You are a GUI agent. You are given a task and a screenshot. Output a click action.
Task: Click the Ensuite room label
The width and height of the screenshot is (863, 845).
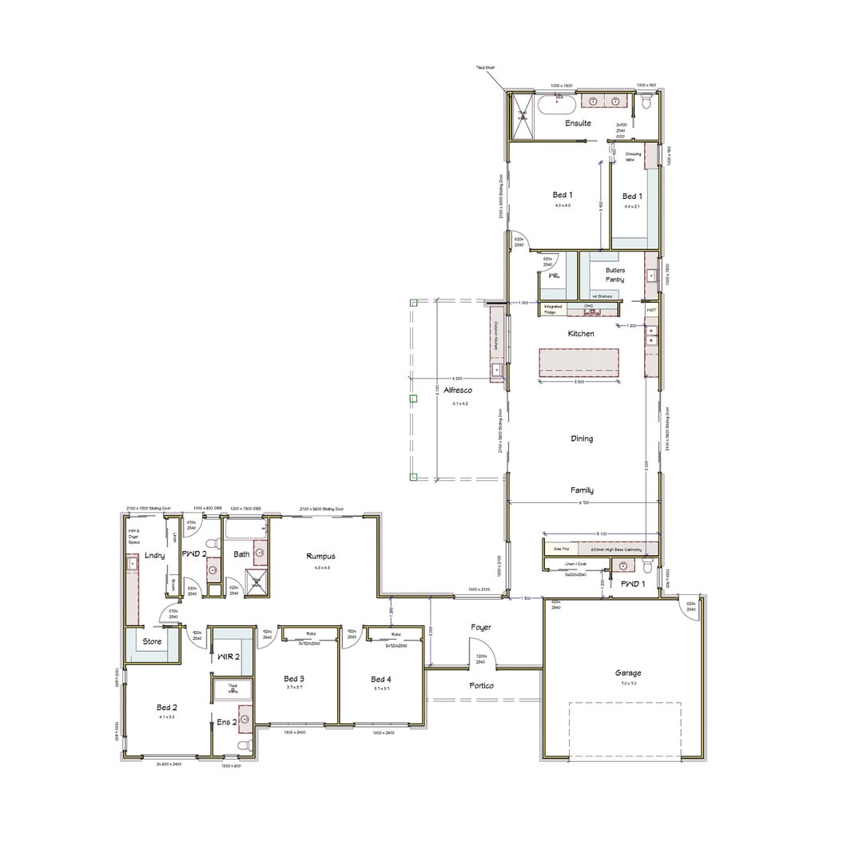click(577, 123)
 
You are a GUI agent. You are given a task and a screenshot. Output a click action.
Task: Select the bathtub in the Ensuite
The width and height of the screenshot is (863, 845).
click(555, 102)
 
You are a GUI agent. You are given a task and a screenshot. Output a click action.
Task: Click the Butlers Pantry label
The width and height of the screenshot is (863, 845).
click(614, 275)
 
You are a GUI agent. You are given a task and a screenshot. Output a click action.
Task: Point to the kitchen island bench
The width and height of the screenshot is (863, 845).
click(580, 361)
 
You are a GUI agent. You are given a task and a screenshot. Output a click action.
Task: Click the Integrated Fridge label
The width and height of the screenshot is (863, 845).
click(553, 308)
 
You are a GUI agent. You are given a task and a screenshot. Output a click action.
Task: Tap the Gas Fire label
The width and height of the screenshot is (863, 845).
click(561, 549)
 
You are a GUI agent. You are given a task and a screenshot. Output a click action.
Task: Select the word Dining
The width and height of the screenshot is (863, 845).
click(582, 438)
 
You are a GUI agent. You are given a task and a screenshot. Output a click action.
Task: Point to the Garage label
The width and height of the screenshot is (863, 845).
click(628, 672)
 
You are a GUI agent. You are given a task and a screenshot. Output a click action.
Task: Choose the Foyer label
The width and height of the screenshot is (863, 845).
click(480, 628)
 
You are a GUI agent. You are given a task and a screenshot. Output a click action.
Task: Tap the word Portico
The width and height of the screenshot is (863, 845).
click(481, 685)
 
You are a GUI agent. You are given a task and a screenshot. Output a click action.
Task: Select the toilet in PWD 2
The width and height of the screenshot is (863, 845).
click(212, 544)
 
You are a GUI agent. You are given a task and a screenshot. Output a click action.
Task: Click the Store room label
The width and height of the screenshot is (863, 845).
click(152, 641)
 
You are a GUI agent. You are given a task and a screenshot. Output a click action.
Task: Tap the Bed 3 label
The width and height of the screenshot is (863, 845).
click(294, 679)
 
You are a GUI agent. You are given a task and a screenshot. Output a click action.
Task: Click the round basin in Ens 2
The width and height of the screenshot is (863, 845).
click(245, 719)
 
